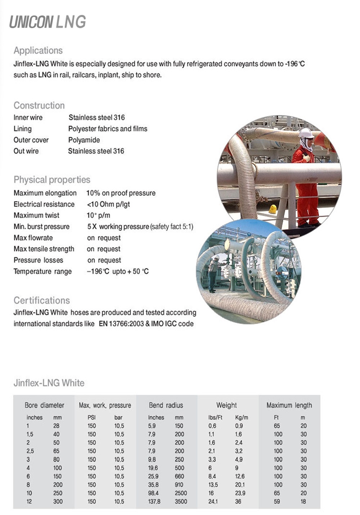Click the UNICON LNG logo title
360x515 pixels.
coord(48,22)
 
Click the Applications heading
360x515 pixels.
coord(38,50)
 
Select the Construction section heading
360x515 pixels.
coord(39,106)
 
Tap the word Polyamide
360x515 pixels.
coord(84,140)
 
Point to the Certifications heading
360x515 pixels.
coord(42,300)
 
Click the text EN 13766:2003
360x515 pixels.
coord(121,324)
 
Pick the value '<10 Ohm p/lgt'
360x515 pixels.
coord(108,204)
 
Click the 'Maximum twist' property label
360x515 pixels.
coord(36,215)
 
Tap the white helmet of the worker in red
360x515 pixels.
coord(306,133)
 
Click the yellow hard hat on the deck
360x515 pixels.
coord(273,209)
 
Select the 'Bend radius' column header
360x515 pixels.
coord(166,405)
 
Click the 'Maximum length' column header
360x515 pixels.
coord(289,405)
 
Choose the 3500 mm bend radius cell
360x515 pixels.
coord(181,501)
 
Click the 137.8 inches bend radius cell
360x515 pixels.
coord(154,501)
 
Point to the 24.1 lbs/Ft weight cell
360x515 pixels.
coord(213,501)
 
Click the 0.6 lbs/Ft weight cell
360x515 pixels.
coord(212,426)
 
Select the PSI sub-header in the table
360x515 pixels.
coord(92,417)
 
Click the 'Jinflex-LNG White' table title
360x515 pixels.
coord(49,383)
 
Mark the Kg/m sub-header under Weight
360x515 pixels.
coord(242,417)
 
